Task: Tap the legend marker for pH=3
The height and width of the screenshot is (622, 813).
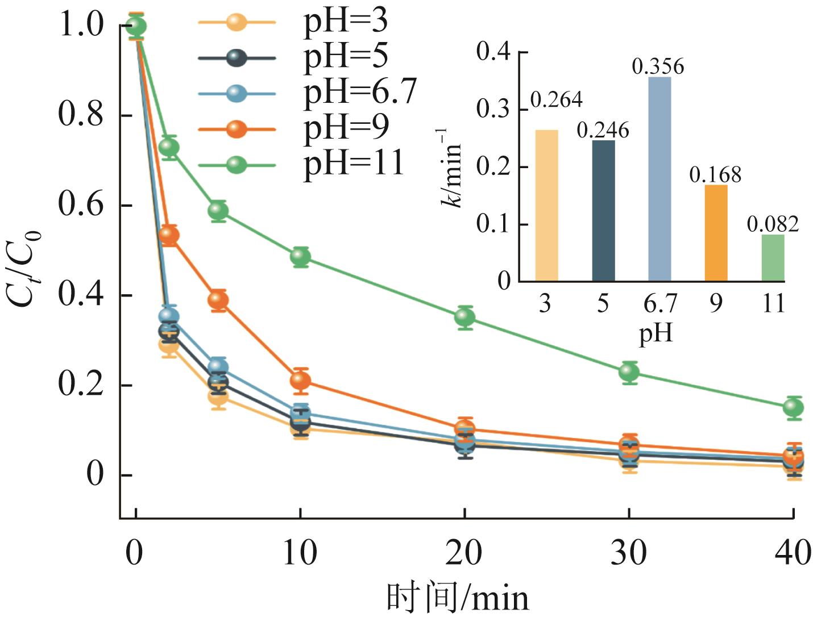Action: click(x=237, y=23)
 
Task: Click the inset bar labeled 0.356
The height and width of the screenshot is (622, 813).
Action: click(x=659, y=179)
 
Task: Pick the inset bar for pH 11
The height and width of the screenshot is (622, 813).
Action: click(x=773, y=258)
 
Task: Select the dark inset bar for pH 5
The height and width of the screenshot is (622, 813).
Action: click(x=603, y=210)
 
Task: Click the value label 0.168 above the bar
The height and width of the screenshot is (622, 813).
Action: click(x=715, y=174)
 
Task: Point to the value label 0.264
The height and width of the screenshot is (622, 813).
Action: click(x=556, y=100)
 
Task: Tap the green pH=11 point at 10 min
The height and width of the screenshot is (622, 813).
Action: click(x=300, y=257)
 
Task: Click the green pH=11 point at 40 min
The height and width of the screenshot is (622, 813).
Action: click(x=793, y=407)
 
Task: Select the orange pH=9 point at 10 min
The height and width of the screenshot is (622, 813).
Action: click(x=300, y=380)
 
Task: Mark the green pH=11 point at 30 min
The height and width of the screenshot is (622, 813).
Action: click(x=629, y=372)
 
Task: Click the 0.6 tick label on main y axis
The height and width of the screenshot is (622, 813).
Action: click(x=81, y=204)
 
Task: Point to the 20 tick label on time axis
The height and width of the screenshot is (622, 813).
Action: click(x=463, y=552)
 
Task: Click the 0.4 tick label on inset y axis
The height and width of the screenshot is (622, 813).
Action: click(x=493, y=52)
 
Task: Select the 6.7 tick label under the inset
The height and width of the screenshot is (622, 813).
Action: click(x=659, y=304)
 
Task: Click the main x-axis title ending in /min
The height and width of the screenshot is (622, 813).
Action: click(x=458, y=598)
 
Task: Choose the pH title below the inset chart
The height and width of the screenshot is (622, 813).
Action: click(x=656, y=333)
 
